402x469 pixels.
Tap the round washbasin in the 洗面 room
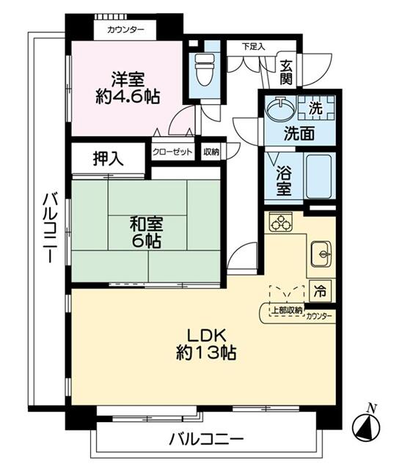[x=278, y=109]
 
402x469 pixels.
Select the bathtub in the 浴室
[x=318, y=176]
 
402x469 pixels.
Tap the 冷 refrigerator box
[x=321, y=289]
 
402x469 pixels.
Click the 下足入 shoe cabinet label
[x=253, y=46]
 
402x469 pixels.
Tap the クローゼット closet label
[x=173, y=152]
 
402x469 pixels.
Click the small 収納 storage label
[x=211, y=152]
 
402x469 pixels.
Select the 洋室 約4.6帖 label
[x=125, y=86]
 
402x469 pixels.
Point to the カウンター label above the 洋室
[x=125, y=30]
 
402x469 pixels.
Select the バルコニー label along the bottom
[x=206, y=440]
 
